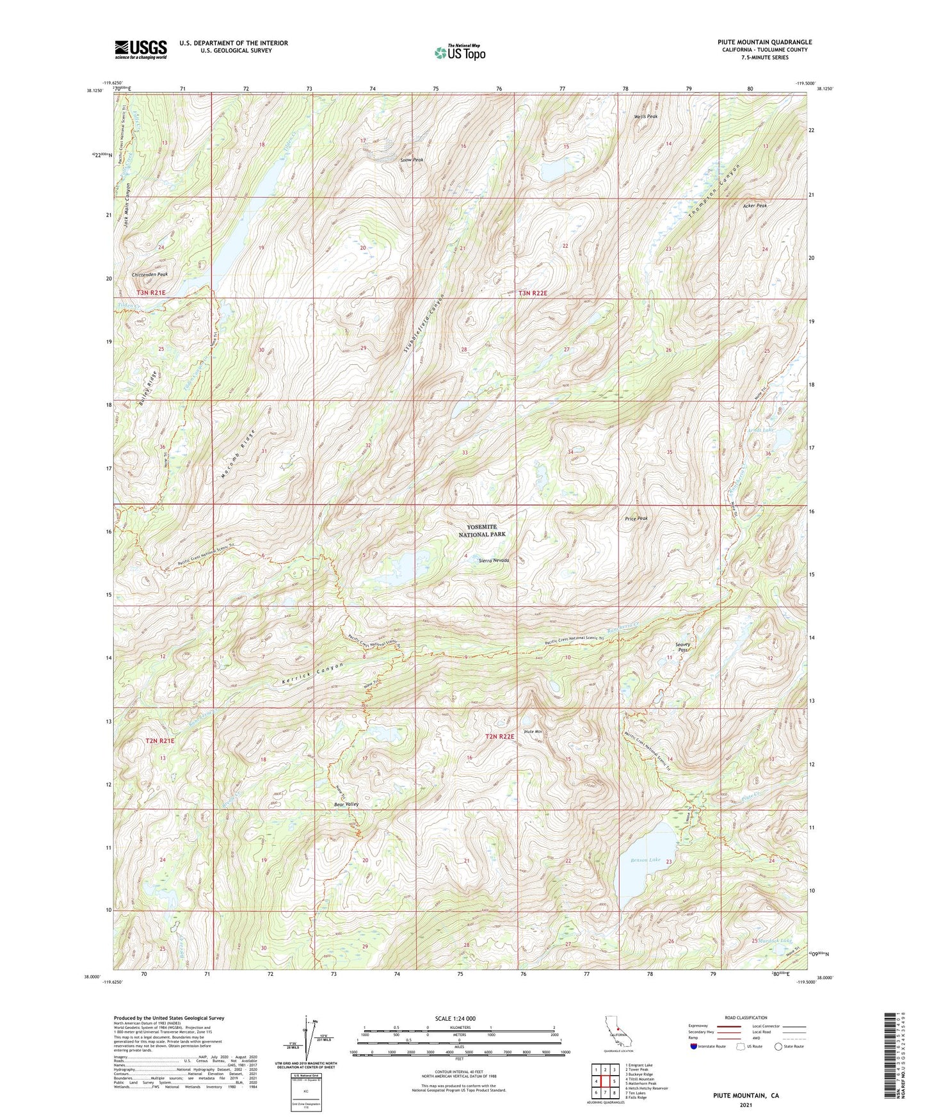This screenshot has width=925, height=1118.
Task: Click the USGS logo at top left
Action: (141, 49)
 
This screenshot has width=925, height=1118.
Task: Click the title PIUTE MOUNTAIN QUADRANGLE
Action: (764, 42)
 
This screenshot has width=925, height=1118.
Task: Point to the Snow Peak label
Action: (412, 159)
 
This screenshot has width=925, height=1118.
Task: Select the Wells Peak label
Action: (646, 117)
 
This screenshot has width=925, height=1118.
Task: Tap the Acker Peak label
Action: (755, 206)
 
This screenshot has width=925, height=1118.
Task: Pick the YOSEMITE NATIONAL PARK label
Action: (482, 530)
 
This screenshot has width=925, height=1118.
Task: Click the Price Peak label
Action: (636, 519)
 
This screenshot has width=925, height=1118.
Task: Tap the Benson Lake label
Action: (645, 860)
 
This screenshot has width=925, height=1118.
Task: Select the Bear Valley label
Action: (346, 804)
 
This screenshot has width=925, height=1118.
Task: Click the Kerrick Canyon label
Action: (312, 675)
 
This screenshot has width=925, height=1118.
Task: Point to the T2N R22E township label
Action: (499, 737)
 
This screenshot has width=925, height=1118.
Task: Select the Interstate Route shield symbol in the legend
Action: (695, 1047)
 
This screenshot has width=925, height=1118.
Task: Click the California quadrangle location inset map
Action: (618, 1032)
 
